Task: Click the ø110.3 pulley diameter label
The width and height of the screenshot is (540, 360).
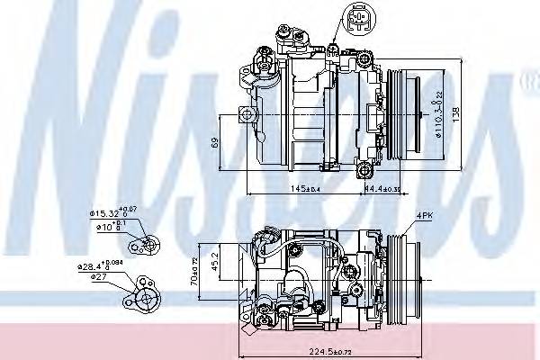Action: point(439,136)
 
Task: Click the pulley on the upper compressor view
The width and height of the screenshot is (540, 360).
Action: point(405,112)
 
